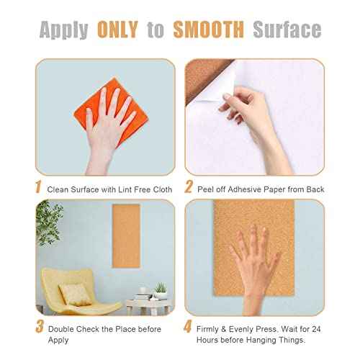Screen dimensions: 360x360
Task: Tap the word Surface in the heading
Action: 287,30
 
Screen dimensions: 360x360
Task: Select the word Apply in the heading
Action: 64,30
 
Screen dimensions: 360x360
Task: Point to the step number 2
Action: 189,188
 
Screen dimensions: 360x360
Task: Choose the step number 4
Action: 189,326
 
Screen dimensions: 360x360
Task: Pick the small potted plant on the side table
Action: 160,289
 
